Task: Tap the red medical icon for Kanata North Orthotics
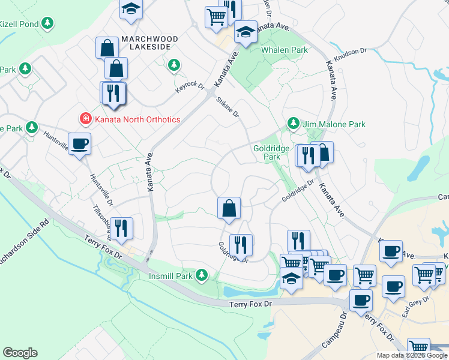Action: coord(86,119)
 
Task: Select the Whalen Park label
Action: coord(285,50)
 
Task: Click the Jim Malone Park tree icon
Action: coord(293,124)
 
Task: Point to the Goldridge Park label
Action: coord(267,152)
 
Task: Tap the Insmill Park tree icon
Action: coord(202,275)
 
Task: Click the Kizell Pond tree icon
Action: coord(47,24)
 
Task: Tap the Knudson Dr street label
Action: coord(350,55)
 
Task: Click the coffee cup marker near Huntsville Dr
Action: coord(79,145)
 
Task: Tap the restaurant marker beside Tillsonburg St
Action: coord(121,229)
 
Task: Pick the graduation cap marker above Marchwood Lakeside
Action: coord(130,9)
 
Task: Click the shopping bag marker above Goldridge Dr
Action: coord(229,208)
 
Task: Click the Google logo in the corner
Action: coord(20,353)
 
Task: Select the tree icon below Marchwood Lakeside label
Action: coord(174,64)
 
